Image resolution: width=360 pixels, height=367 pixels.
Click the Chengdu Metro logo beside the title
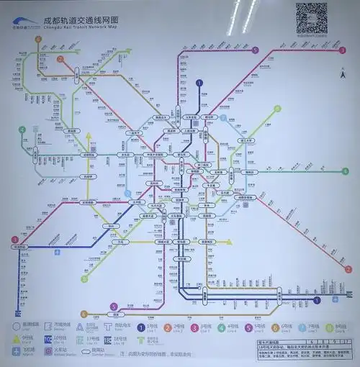pos(22,24)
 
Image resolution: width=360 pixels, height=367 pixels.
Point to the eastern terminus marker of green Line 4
pos(345,171)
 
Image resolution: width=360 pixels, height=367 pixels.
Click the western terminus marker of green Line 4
pos(22,130)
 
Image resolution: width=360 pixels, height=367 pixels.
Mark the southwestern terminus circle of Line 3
pos(14,240)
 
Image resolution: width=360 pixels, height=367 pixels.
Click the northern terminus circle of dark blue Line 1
pos(199,83)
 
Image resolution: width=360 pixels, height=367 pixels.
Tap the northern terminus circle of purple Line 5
pos(256,50)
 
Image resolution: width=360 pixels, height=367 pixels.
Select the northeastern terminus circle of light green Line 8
pos(278,109)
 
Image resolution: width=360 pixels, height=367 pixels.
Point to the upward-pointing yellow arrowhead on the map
pos(88,135)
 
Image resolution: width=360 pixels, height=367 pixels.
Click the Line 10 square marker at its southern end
pos(17,312)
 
